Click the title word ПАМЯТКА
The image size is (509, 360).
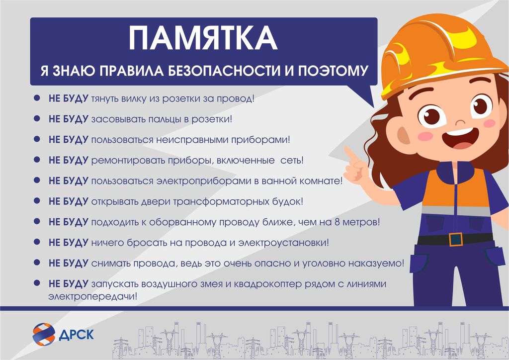pyautogui.click(x=203, y=38)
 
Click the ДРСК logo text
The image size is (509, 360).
pyautogui.click(x=76, y=334)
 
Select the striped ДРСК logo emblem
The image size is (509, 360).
pyautogui.click(x=44, y=334)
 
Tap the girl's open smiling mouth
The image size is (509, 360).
pyautogui.click(x=460, y=139)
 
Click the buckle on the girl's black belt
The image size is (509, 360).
pyautogui.click(x=456, y=239)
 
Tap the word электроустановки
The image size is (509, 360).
pyautogui.click(x=283, y=243)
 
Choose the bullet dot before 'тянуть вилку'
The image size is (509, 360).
pyautogui.click(x=37, y=98)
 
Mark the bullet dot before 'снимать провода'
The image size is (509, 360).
pyautogui.click(x=37, y=262)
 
